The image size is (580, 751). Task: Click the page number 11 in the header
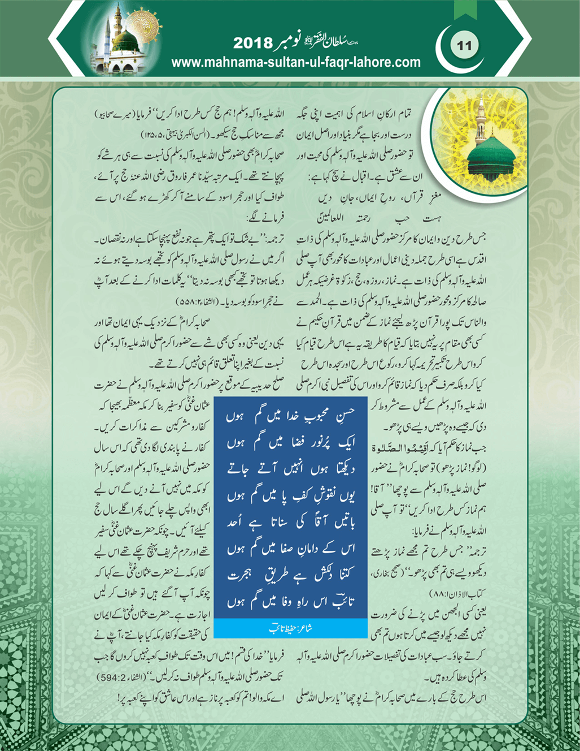pos(464,45)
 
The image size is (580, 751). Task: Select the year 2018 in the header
pos(253,44)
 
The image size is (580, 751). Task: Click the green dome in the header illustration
pos(125,41)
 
